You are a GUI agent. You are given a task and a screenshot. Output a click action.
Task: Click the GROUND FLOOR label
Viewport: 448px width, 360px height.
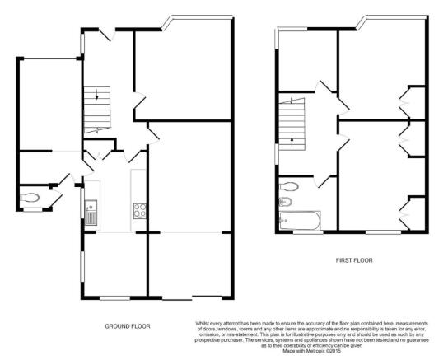pyautogui.click(x=128, y=326)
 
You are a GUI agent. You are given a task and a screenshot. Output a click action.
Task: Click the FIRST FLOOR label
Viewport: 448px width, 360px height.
pyautogui.click(x=354, y=260)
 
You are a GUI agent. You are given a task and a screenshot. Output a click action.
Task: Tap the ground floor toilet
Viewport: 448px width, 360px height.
pyautogui.click(x=30, y=197)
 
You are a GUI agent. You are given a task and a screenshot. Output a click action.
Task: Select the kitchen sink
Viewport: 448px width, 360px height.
pyautogui.click(x=91, y=213)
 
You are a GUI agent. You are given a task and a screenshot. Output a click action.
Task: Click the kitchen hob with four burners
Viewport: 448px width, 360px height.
pyautogui.click(x=140, y=211)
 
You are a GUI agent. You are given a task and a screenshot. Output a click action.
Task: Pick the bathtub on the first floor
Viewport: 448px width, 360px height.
pyautogui.click(x=300, y=220)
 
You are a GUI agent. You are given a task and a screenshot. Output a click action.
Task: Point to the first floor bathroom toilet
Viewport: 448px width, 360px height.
pyautogui.click(x=289, y=186)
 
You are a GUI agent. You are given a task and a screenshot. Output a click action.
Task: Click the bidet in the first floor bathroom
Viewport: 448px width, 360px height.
pyautogui.click(x=285, y=203)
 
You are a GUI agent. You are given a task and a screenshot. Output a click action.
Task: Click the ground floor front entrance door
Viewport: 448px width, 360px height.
pyautogui.click(x=108, y=35)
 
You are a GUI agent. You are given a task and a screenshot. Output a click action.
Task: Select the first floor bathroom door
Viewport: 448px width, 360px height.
pyautogui.click(x=322, y=181)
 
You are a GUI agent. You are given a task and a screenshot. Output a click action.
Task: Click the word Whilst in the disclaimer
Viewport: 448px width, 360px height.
pyautogui.click(x=202, y=324)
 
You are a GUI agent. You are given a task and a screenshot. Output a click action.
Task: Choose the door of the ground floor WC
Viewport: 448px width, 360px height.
pyautogui.click(x=57, y=198)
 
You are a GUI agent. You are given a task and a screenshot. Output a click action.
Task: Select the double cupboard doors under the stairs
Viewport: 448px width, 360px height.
pyautogui.click(x=99, y=155)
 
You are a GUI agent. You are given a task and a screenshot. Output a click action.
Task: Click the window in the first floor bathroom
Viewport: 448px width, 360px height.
pyautogui.click(x=308, y=232)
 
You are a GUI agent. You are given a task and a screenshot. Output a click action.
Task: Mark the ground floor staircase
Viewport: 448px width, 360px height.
pyautogui.click(x=97, y=110)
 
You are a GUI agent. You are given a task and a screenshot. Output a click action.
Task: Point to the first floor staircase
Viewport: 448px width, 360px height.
pyautogui.click(x=292, y=124)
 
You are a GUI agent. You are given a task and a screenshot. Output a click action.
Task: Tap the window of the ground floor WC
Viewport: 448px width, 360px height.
pyautogui.click(x=33, y=210)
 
